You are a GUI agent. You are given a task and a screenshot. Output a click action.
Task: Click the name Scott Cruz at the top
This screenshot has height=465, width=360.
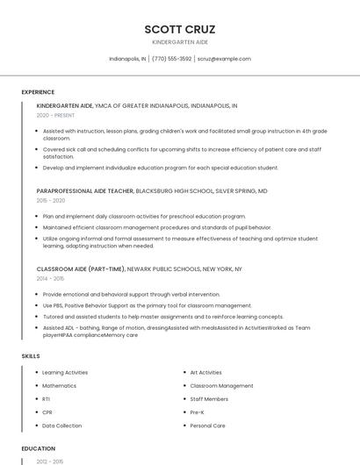180,29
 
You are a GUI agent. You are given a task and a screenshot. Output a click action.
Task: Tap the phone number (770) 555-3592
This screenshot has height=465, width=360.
171,59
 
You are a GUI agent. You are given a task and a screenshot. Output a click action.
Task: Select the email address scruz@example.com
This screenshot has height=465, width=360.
224,59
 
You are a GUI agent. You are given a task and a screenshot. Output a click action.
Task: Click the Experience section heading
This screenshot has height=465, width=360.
38,91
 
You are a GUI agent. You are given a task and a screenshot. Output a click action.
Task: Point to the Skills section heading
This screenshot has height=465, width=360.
31,356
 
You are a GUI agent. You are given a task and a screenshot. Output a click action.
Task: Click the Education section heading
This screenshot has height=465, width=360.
39,448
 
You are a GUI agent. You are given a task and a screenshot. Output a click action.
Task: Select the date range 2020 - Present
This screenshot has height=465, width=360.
56,115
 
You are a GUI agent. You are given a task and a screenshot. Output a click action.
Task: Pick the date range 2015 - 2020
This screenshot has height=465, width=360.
51,200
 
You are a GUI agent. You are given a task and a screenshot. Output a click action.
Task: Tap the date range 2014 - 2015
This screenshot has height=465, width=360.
51,278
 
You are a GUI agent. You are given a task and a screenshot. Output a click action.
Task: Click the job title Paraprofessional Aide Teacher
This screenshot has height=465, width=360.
85,190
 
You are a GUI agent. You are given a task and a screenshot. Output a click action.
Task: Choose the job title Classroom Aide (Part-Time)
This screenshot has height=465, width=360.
81,268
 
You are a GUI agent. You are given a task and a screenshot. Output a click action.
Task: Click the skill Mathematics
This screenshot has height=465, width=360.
60,385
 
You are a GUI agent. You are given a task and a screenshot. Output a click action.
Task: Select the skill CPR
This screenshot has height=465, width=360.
47,411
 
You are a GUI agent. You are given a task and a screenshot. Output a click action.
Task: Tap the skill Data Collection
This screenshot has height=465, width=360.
62,426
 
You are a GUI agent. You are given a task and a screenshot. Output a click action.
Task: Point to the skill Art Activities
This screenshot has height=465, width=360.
206,372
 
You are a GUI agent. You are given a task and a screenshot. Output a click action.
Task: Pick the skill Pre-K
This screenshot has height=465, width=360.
198,411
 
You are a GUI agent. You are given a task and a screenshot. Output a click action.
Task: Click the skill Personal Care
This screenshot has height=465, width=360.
208,426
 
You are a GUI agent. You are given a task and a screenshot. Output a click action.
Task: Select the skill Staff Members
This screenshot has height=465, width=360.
210,398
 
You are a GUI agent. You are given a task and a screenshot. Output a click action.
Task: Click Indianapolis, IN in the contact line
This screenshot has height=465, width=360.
127,59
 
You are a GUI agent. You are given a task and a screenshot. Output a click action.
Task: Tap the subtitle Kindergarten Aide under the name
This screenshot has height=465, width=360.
180,42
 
